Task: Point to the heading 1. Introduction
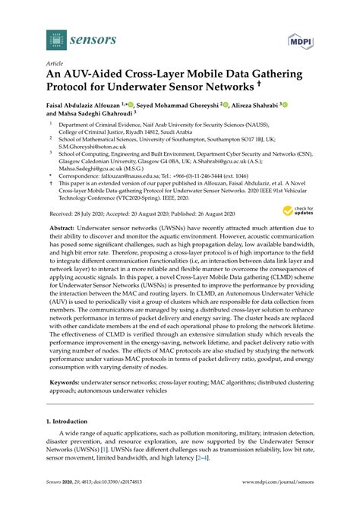(71, 419)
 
